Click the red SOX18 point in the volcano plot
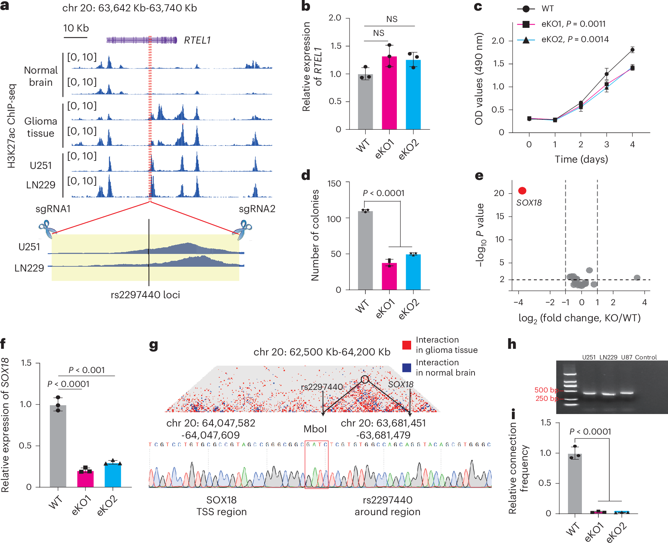tap(522, 191)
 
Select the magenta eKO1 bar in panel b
tap(389, 95)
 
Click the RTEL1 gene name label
tap(197, 40)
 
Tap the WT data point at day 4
tap(632, 50)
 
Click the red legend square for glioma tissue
tap(407, 345)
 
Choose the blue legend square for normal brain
tap(407, 367)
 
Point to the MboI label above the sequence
tap(315, 429)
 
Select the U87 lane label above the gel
tap(626, 357)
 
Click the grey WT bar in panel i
tap(575, 484)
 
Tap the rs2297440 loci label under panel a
tap(145, 295)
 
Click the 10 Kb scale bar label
tap(76, 28)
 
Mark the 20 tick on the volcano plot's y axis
tap(499, 193)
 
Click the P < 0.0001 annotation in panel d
tap(383, 193)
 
